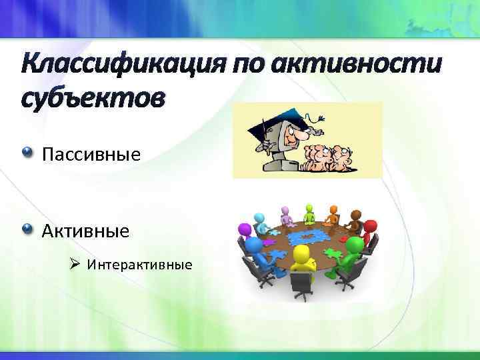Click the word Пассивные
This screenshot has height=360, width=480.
click(x=91, y=155)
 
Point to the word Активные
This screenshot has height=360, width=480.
click(x=85, y=231)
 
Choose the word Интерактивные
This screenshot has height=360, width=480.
click(x=139, y=265)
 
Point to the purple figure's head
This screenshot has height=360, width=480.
click(x=245, y=231)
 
